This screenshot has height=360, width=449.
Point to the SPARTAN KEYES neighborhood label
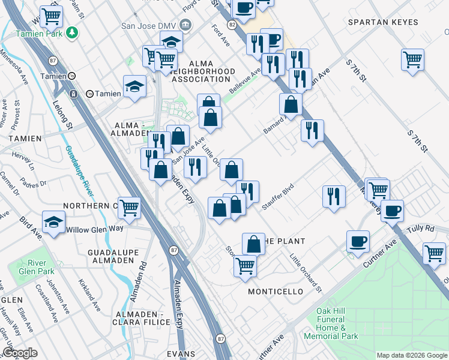pyautogui.click(x=383, y=22)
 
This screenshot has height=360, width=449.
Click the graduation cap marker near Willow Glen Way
pyautogui.click(x=53, y=220)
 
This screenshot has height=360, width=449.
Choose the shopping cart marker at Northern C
pyautogui.click(x=130, y=207)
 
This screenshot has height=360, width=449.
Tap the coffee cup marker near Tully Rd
pyautogui.click(x=392, y=211)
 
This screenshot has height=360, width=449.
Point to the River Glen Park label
pyautogui.click(x=41, y=268)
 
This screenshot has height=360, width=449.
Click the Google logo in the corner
pyautogui.click(x=19, y=353)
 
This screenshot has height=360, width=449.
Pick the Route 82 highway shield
pyautogui.click(x=231, y=23)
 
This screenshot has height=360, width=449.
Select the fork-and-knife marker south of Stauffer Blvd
pyautogui.click(x=334, y=196)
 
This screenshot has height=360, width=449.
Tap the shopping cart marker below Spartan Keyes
pyautogui.click(x=413, y=59)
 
